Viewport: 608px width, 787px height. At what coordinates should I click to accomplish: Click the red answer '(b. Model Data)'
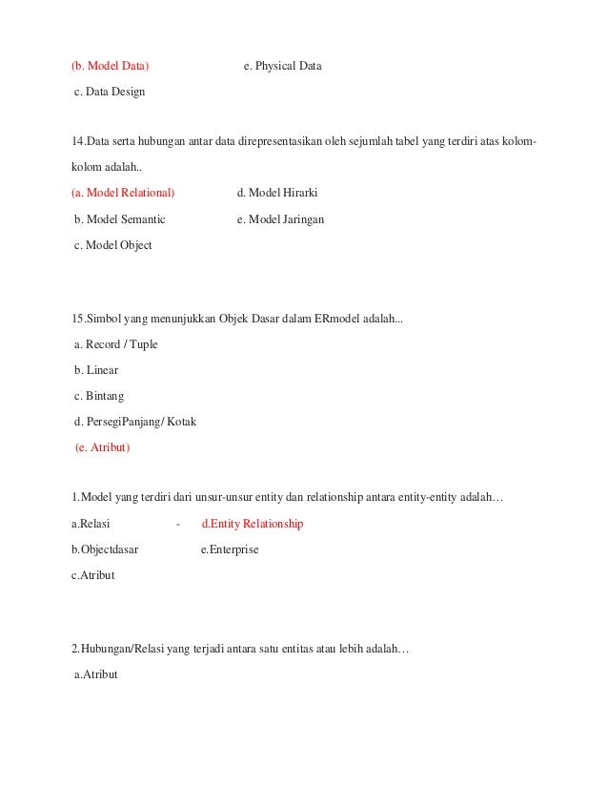click(x=110, y=67)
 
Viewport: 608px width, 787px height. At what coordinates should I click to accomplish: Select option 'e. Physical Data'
click(x=282, y=67)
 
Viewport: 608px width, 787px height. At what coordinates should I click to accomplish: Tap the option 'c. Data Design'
click(x=110, y=93)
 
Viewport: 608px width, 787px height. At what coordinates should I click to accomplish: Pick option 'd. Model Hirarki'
click(x=276, y=193)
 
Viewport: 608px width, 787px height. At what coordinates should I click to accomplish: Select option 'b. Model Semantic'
click(x=119, y=218)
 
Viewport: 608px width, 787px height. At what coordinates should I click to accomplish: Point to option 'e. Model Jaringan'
click(x=280, y=218)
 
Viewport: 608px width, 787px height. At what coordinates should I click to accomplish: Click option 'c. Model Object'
click(x=112, y=245)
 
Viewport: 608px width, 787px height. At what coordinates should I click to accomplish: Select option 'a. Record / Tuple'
click(x=115, y=344)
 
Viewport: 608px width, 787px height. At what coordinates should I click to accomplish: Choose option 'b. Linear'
click(x=96, y=370)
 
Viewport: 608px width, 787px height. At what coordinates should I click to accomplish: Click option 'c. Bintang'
click(x=99, y=396)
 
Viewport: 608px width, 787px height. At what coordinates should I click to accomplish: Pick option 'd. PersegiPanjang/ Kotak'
click(x=134, y=422)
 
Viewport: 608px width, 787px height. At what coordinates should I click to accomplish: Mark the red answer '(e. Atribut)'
click(x=102, y=446)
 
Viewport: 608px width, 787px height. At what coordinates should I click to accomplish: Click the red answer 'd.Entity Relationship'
click(x=253, y=524)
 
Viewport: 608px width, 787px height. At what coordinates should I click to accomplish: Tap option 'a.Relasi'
click(x=91, y=524)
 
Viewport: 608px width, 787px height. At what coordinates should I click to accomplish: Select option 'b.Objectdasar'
click(x=105, y=549)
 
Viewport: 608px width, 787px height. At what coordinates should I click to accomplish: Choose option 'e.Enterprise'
click(x=230, y=549)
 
